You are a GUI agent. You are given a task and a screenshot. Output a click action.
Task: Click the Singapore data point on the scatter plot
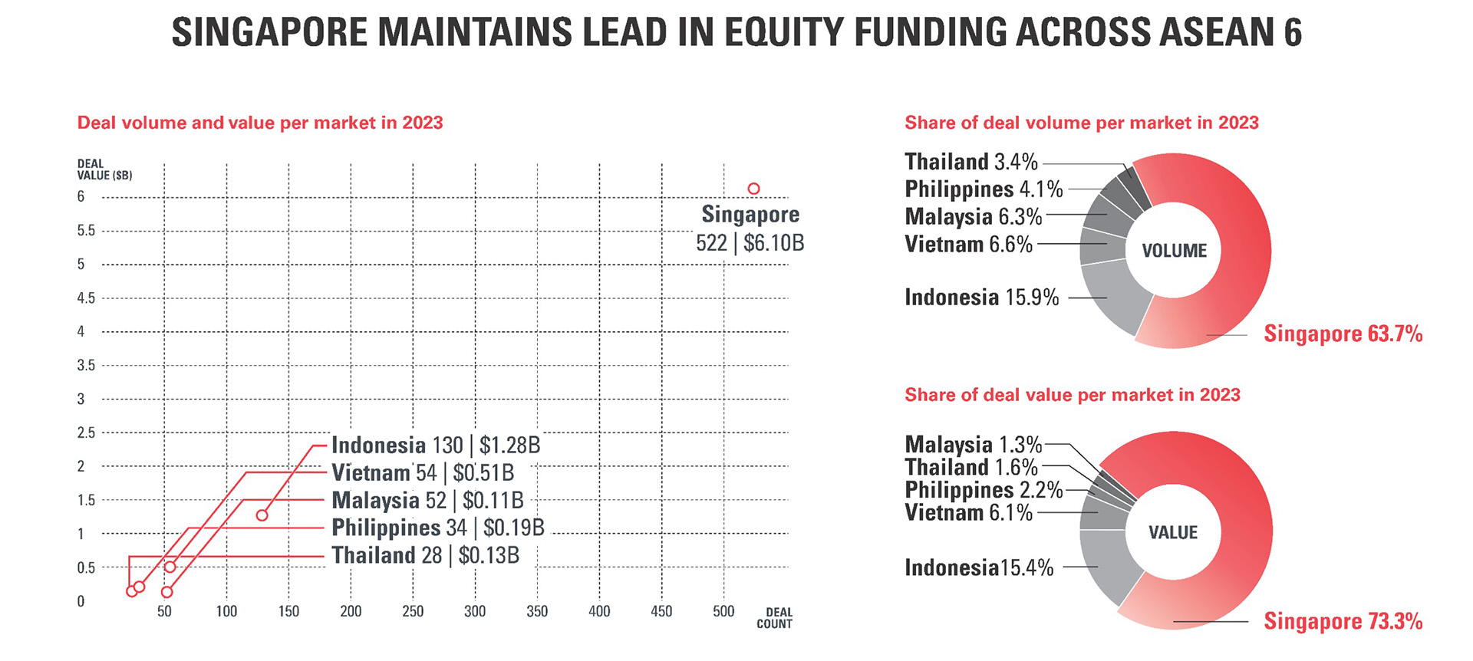click(x=753, y=189)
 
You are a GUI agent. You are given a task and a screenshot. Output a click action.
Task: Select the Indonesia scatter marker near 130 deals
click(x=262, y=515)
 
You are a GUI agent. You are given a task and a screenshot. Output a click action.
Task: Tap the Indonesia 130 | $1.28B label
click(x=436, y=446)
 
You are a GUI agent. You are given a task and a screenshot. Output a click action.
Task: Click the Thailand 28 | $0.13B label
click(x=425, y=555)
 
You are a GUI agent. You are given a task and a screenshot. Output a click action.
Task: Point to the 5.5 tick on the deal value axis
click(x=87, y=231)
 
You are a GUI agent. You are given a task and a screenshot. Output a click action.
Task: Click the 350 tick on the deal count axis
click(x=537, y=611)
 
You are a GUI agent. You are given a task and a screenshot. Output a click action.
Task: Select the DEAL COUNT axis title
click(x=774, y=618)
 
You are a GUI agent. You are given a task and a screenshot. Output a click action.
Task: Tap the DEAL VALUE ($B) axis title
click(x=104, y=169)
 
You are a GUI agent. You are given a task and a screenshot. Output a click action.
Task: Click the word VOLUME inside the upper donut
click(x=1174, y=251)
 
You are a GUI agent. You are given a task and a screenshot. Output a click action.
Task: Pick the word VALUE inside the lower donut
click(x=1172, y=532)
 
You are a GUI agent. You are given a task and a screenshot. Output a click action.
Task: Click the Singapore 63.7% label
click(x=1343, y=334)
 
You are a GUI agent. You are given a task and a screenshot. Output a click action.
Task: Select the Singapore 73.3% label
click(x=1343, y=621)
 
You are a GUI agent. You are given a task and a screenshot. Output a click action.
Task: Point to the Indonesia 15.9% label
click(x=981, y=298)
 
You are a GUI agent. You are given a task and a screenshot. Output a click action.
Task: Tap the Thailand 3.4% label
click(x=970, y=162)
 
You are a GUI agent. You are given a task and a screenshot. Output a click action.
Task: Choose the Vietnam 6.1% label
click(x=968, y=512)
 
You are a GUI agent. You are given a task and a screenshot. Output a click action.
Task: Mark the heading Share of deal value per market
click(x=1072, y=395)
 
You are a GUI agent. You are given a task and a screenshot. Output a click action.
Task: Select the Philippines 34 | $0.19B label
click(x=437, y=528)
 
